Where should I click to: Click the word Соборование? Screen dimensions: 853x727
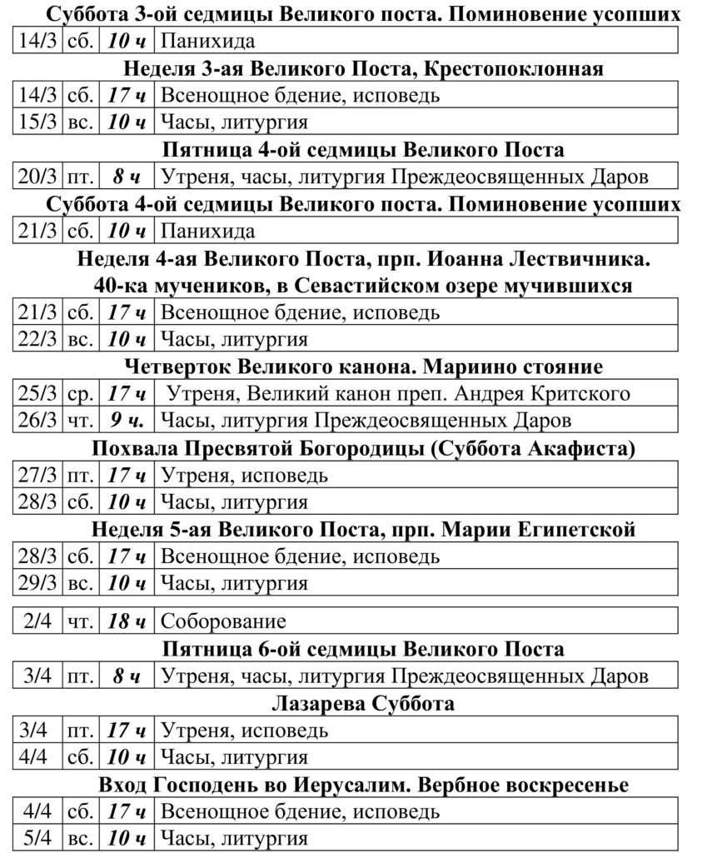coord(222,621)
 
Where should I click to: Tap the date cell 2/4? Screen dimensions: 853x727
coord(38,621)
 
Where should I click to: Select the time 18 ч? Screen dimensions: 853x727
coord(127,621)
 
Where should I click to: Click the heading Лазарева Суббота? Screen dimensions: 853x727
coord(363,704)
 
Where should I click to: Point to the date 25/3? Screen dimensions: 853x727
coord(38,394)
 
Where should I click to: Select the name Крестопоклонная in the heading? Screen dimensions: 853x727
coord(512,68)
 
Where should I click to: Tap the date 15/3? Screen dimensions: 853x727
coord(38,122)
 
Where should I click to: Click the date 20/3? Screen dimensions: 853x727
coord(38,177)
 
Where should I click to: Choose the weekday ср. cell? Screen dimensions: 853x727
coord(80,394)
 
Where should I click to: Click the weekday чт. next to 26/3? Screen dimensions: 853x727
coord(80,421)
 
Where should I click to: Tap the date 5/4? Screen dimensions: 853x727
coord(38,839)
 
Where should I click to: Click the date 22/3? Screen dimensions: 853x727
coord(38,340)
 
